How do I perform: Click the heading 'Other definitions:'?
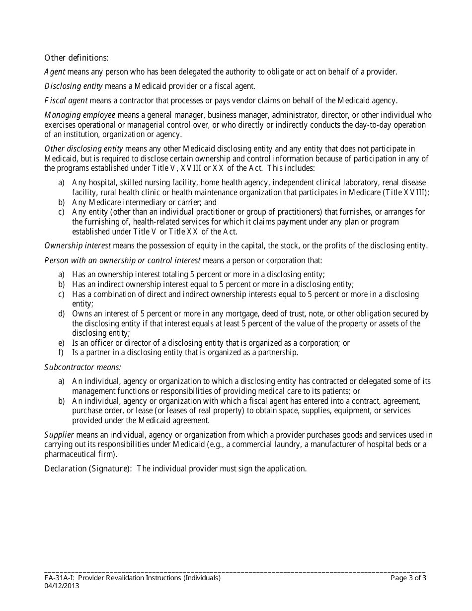(77, 58)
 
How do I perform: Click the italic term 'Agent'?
(55, 72)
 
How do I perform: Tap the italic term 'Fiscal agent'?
(66, 101)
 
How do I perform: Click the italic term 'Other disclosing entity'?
(83, 149)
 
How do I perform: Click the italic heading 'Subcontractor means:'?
(83, 368)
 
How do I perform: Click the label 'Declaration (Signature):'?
(88, 469)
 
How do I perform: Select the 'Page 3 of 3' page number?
(408, 578)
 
